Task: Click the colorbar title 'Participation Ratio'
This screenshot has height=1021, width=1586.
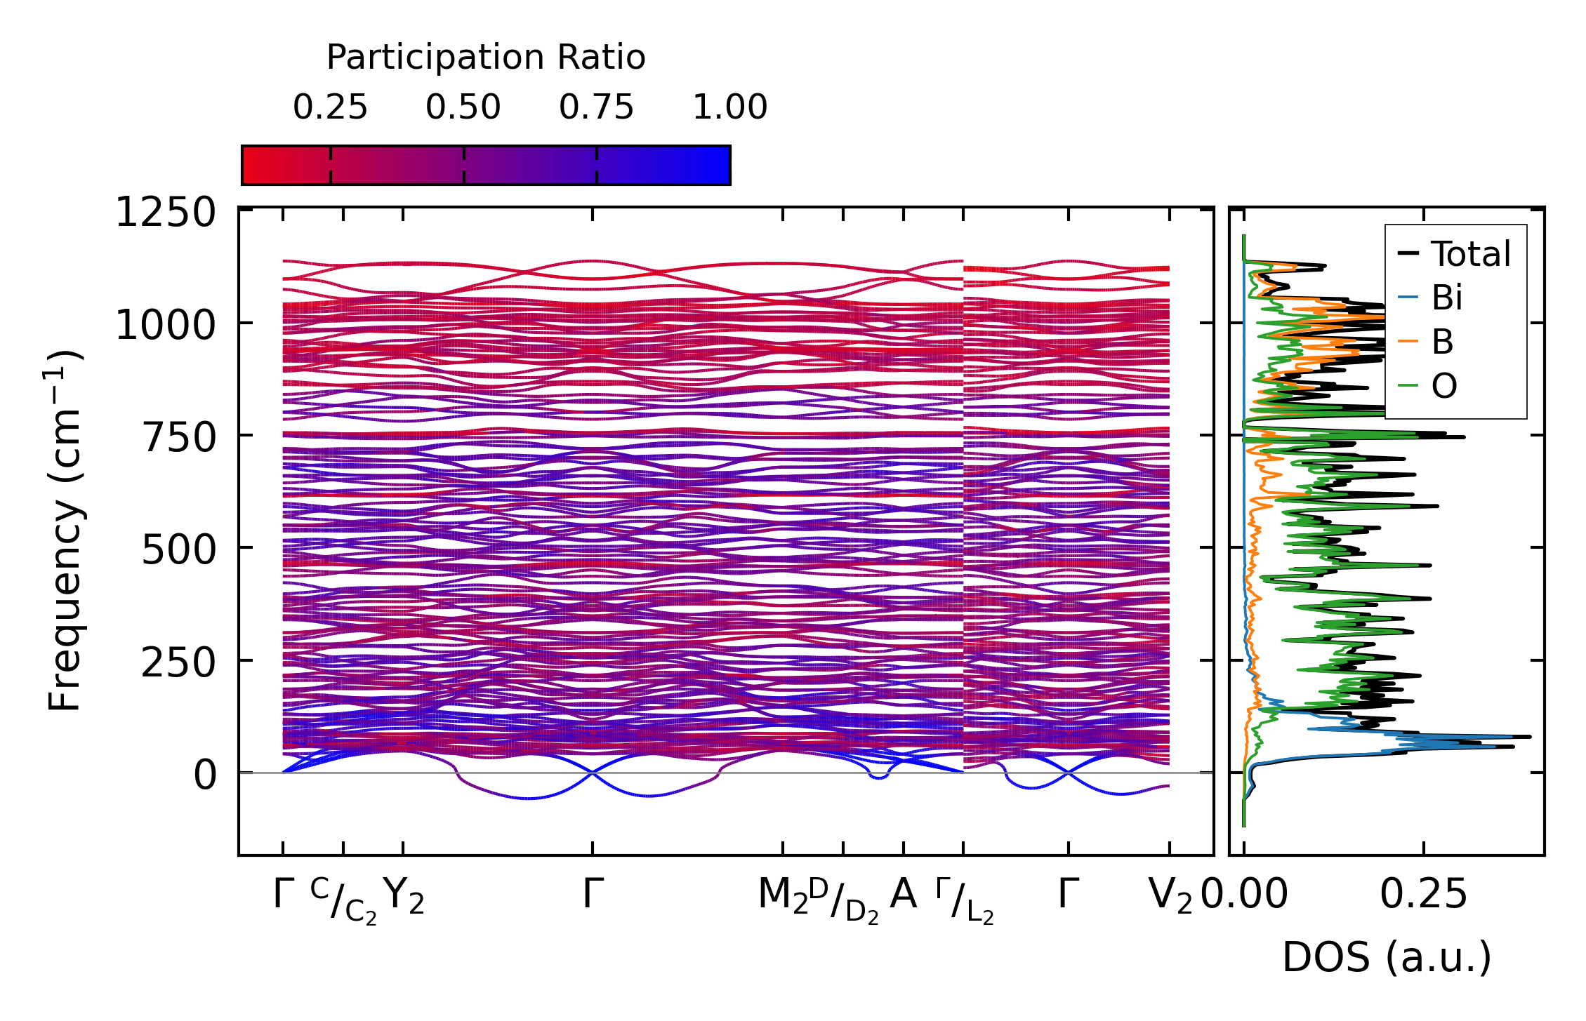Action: tap(485, 58)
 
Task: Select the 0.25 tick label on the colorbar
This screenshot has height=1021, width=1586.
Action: tap(330, 107)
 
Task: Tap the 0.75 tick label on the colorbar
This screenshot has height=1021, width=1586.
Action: tap(596, 107)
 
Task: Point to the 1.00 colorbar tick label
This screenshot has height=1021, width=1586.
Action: tap(729, 107)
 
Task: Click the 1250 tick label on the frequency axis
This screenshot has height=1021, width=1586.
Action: tap(166, 213)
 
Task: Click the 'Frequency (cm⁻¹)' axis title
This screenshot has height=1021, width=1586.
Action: tap(65, 530)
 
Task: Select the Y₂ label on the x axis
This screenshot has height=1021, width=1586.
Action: tap(405, 896)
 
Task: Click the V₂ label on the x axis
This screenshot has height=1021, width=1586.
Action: tap(1170, 896)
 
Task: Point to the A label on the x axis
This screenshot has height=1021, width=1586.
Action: tap(903, 895)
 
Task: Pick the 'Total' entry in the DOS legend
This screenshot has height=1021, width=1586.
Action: tap(1470, 254)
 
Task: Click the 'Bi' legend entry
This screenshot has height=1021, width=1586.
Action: tap(1446, 298)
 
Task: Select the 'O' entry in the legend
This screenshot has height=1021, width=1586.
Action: tap(1443, 386)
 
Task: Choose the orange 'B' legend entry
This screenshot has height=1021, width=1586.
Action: tap(1442, 342)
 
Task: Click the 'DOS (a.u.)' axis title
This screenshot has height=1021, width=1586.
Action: tap(1387, 957)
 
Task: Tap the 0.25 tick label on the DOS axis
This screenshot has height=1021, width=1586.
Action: tap(1423, 895)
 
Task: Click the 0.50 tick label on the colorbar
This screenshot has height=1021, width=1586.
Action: tap(463, 107)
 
